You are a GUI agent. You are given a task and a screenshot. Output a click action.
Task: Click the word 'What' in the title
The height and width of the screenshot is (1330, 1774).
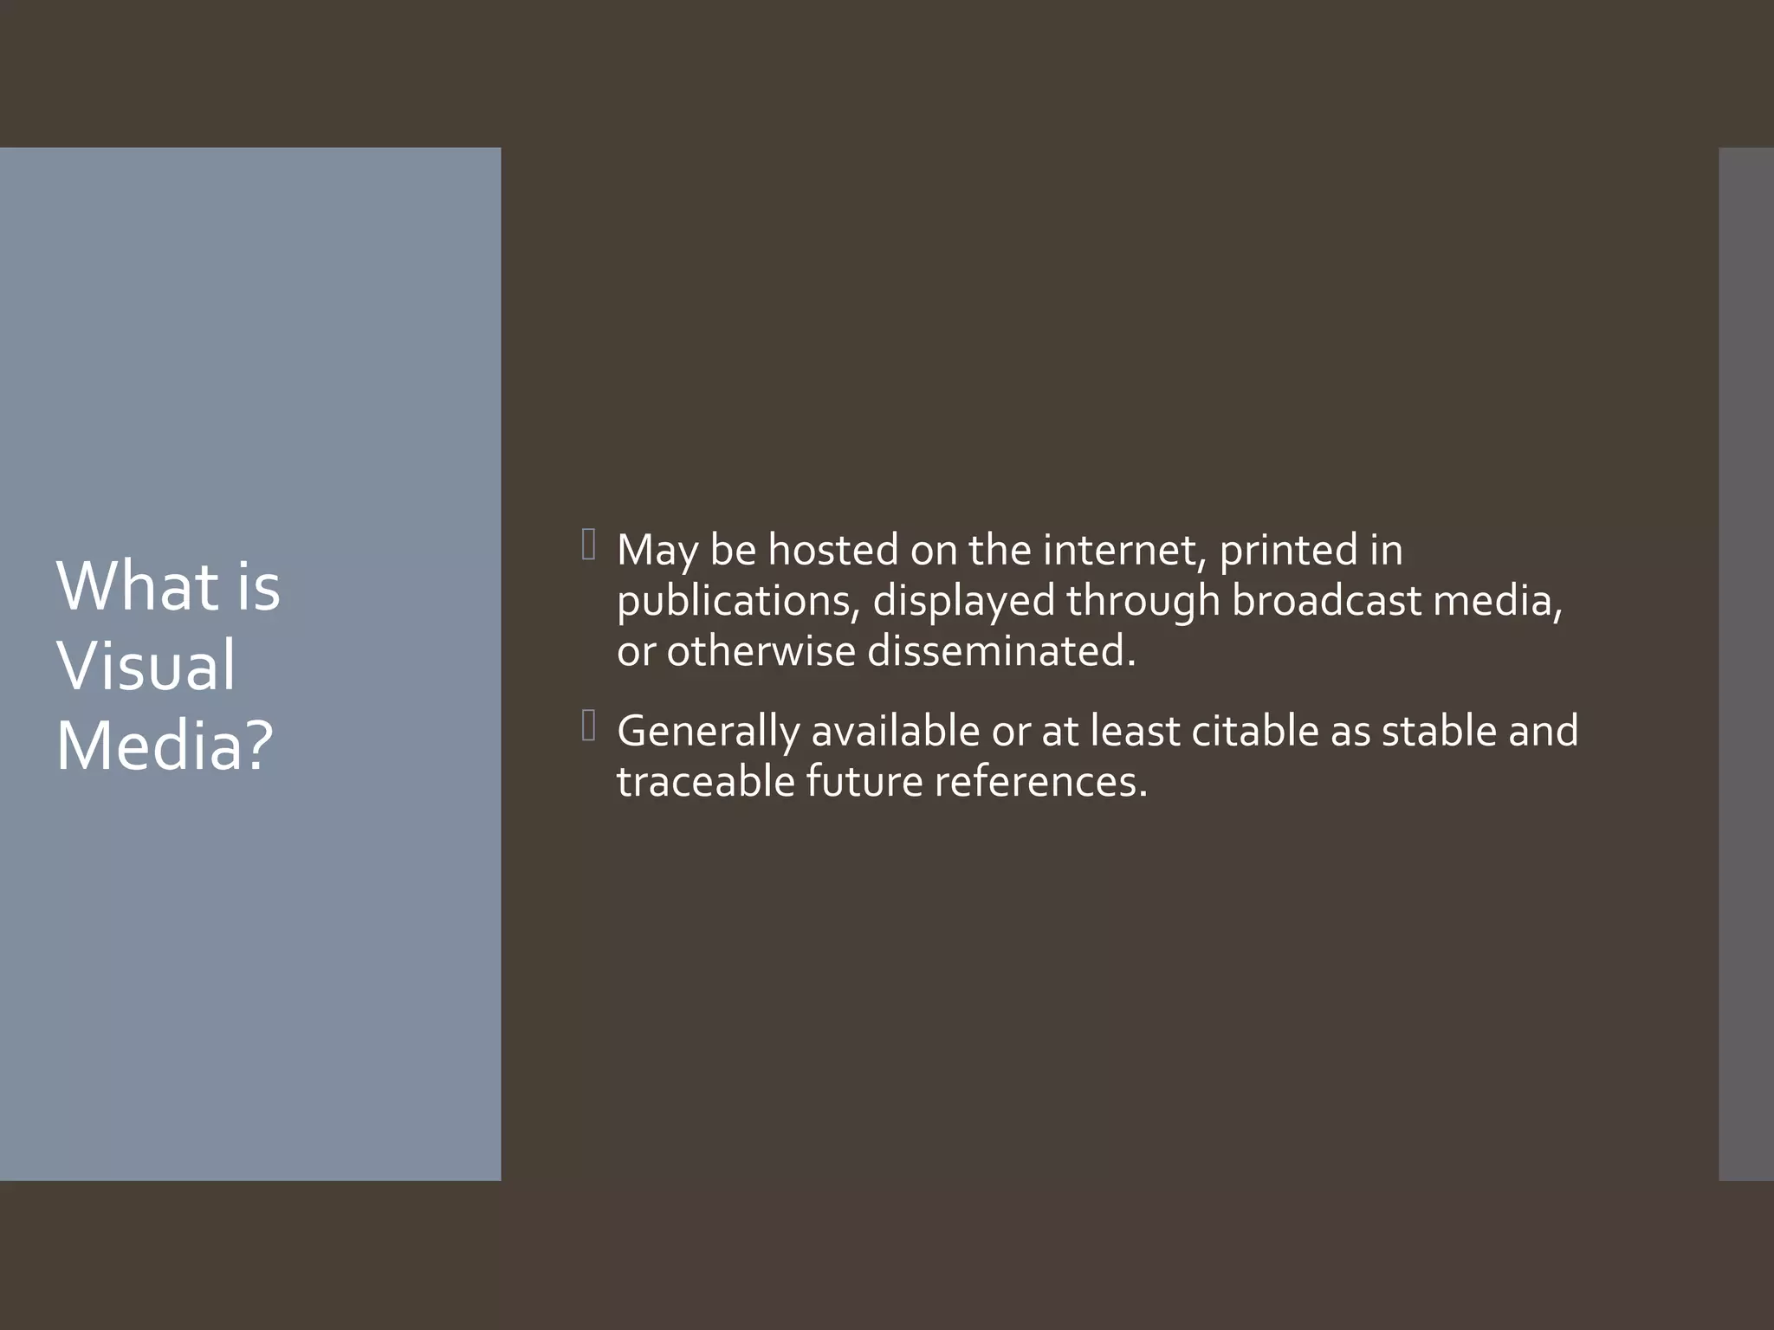click(x=137, y=586)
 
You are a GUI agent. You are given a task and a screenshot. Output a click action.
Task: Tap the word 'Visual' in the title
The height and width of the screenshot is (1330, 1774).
click(x=146, y=665)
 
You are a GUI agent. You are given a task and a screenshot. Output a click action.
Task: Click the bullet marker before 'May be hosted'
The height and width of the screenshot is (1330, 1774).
click(x=589, y=546)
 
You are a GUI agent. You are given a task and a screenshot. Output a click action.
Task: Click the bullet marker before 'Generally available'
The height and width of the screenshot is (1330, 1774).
click(x=589, y=726)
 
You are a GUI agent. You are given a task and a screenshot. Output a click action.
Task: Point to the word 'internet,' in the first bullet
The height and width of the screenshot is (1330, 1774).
click(x=1124, y=550)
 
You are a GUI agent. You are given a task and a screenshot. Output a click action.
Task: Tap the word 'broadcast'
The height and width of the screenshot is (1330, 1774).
click(x=1326, y=600)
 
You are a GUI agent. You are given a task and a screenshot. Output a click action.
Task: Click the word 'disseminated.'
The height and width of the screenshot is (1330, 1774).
click(x=1000, y=650)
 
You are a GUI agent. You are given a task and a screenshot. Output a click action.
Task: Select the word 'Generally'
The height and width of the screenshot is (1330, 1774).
click(x=708, y=732)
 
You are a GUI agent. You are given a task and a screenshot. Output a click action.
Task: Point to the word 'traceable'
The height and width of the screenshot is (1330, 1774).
click(x=705, y=781)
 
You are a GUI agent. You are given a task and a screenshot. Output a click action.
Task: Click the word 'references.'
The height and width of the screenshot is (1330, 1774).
click(x=1040, y=781)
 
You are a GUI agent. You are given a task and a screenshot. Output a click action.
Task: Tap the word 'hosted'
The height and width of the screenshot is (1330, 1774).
click(x=832, y=550)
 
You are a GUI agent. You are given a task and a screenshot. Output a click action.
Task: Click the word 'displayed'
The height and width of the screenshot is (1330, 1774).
click(x=963, y=602)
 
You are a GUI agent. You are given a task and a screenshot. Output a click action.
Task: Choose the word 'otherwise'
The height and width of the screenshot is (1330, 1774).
click(x=761, y=650)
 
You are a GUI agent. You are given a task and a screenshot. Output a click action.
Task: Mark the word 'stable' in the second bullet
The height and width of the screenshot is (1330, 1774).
click(x=1439, y=731)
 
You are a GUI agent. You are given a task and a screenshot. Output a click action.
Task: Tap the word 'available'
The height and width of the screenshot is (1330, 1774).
click(x=895, y=731)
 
